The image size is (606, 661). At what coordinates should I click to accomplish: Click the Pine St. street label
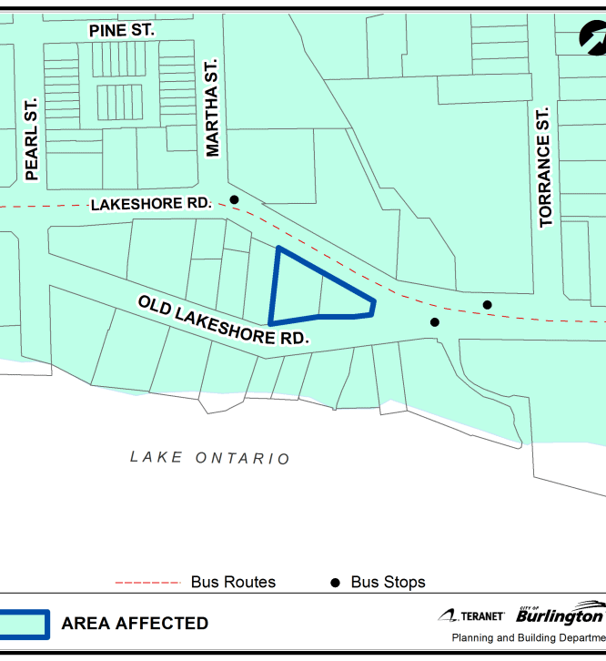point(121,31)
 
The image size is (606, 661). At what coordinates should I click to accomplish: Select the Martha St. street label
point(213,109)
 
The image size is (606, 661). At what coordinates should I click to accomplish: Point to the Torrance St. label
point(545,168)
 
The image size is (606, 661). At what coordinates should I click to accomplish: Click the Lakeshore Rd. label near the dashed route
point(151,205)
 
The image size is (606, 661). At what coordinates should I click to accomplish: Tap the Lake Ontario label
point(209,457)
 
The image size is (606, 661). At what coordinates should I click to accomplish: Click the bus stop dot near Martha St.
point(234,199)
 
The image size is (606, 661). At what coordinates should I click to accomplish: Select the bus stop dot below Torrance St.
point(487,305)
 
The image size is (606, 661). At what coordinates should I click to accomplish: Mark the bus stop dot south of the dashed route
point(435,322)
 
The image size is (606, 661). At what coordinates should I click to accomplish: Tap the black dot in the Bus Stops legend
point(335,583)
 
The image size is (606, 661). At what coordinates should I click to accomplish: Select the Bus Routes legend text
point(233,583)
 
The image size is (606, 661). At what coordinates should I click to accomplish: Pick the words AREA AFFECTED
point(135,625)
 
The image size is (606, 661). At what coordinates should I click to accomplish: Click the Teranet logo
point(471,616)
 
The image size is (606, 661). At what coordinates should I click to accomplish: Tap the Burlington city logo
point(559,614)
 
